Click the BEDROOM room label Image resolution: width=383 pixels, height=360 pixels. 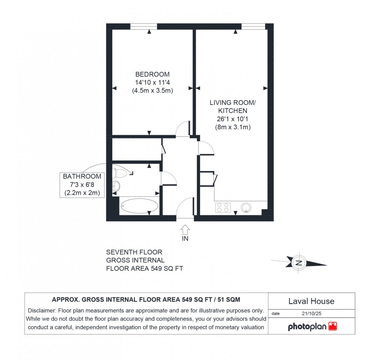[152, 74]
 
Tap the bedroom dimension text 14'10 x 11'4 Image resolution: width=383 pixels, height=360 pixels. [152, 82]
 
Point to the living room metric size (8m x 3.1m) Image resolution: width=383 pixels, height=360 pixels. [233, 127]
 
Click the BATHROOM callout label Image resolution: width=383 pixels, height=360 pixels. [82, 176]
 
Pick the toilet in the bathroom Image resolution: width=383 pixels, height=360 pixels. [121, 173]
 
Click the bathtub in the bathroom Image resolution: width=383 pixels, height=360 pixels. [139, 206]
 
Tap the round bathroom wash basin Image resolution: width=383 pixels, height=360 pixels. [116, 185]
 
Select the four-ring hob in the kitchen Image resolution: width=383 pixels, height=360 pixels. [223, 207]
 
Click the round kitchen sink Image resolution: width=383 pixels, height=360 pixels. [246, 207]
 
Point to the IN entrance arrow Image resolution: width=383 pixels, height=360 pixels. [185, 230]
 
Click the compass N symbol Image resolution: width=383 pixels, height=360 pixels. [299, 263]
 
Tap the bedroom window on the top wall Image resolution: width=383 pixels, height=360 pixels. [143, 26]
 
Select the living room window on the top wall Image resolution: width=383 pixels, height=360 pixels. [253, 26]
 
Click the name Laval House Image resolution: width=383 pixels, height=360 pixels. [311, 301]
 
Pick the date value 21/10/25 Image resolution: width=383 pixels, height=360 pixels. [310, 313]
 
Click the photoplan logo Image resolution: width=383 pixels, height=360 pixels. [312, 327]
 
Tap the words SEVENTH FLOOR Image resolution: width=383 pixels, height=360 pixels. [134, 252]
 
